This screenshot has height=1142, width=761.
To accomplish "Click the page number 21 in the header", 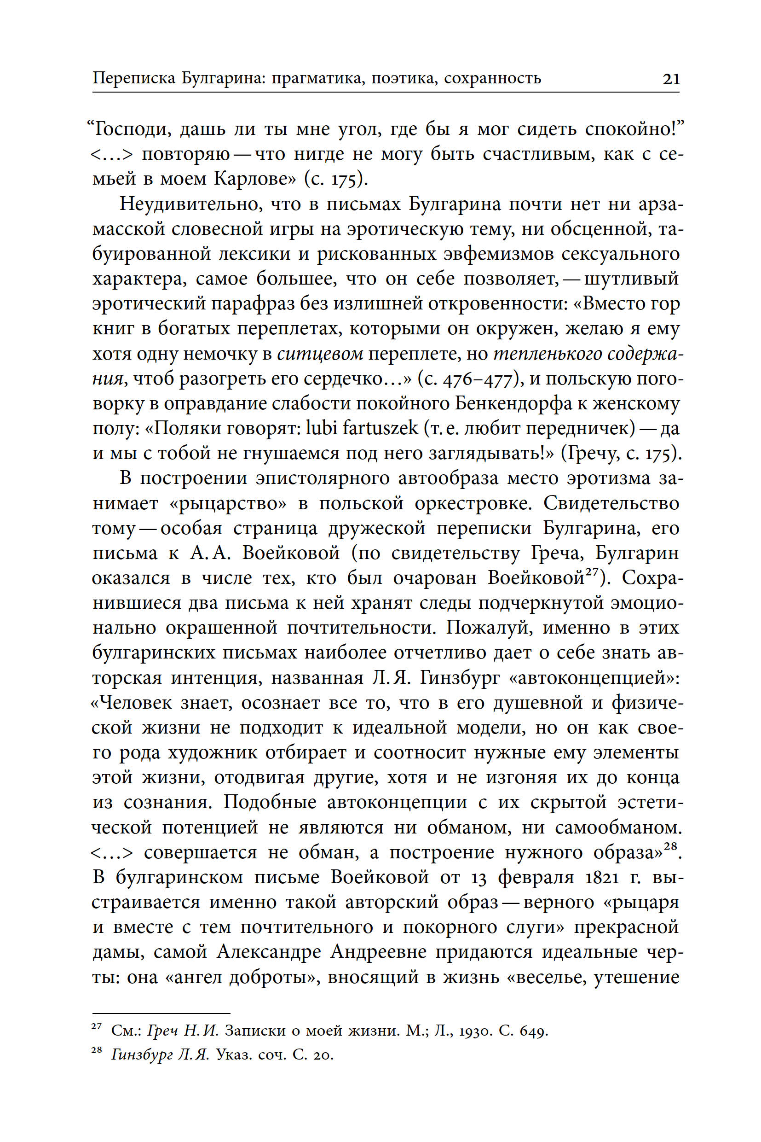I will point(671,79).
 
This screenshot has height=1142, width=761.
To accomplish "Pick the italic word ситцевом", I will point(320,354).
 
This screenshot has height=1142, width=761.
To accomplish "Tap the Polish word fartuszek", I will point(380,428).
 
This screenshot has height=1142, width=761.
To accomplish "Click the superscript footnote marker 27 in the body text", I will point(592,573).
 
